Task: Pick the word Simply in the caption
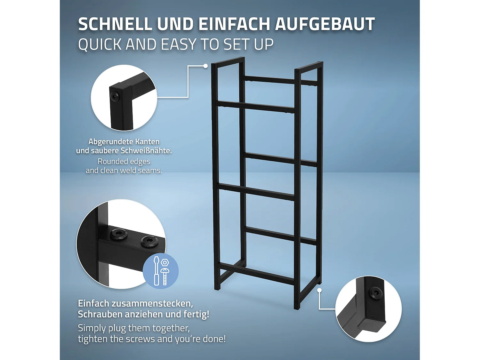[x=92, y=328]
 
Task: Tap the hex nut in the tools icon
[x=165, y=263]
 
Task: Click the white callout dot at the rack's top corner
[x=205, y=66]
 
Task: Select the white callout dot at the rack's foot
[x=319, y=290]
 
